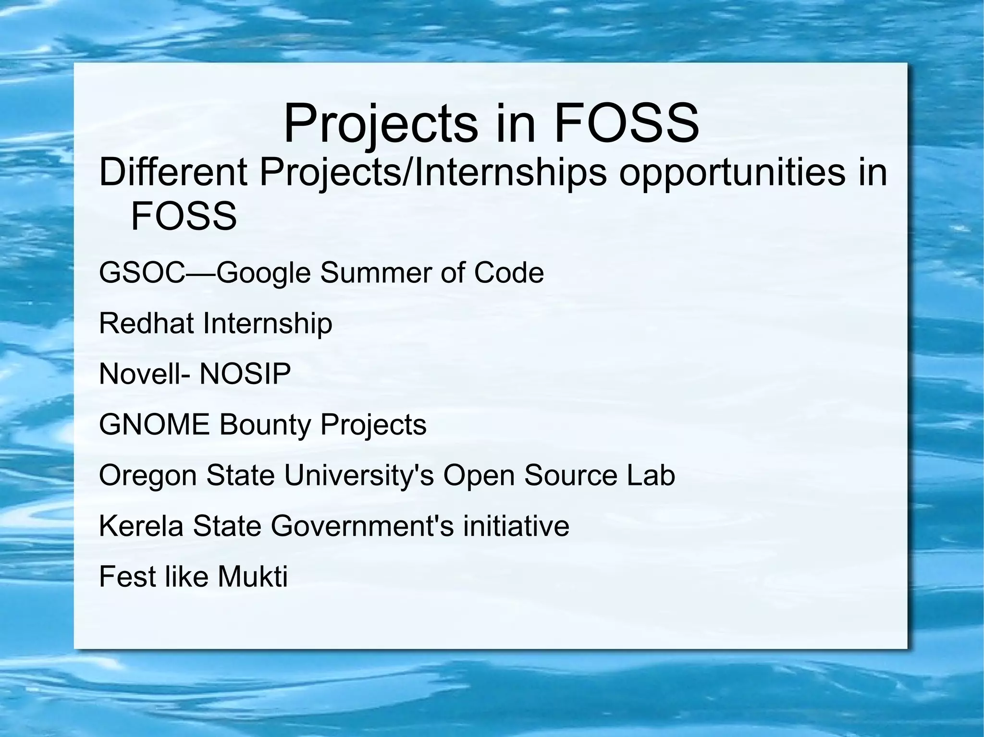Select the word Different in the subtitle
[x=173, y=173]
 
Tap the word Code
[x=509, y=273]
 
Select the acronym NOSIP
[x=245, y=374]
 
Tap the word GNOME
[x=154, y=424]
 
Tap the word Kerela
[x=141, y=526]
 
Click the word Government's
[x=362, y=526]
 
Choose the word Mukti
[x=252, y=576]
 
